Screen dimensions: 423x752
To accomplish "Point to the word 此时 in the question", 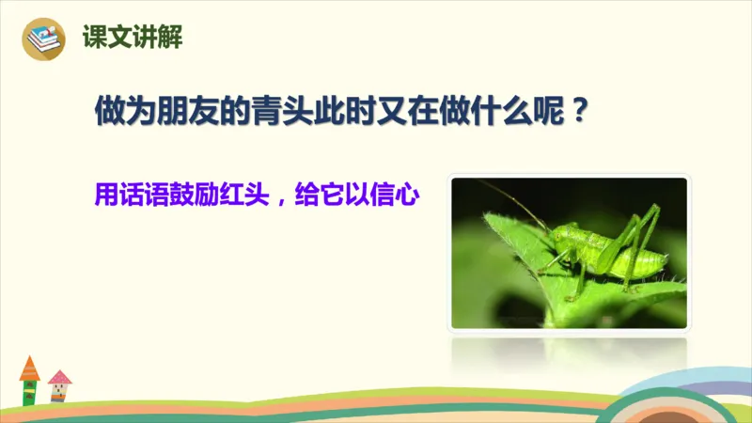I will (341, 114).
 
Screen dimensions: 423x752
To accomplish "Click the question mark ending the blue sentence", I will (580, 114).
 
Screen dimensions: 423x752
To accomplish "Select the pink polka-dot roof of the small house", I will (60, 378).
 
